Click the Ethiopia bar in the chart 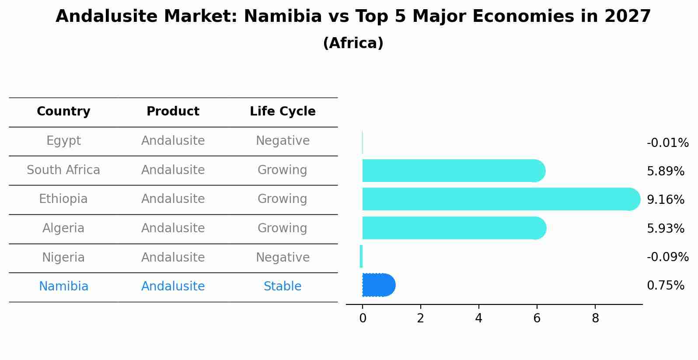point(499,199)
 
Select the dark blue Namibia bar point(378,285)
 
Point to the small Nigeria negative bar point(361,256)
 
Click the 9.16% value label point(665,200)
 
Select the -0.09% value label point(667,257)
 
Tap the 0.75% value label point(665,286)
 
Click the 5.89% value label point(665,171)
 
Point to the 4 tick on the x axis point(478,318)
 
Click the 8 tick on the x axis point(595,318)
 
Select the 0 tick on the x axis point(363,318)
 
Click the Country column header point(63,112)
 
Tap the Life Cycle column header point(283,112)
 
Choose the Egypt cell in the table point(63,141)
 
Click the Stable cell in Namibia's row point(283,287)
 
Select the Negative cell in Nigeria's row point(283,257)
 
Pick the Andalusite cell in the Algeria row point(173,228)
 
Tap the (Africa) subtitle point(353,43)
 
